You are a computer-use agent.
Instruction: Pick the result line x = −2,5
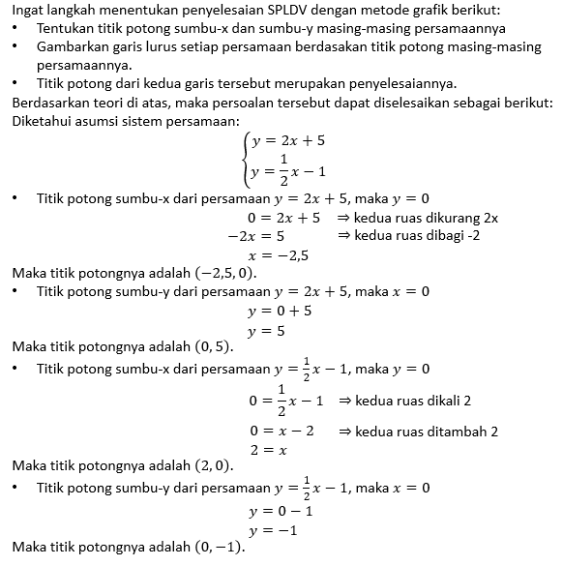tap(279, 254)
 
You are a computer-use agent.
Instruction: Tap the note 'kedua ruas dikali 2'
tap(404, 401)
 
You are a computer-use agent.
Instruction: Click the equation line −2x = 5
tap(255, 236)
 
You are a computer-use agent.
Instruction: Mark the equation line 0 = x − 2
tap(281, 432)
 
